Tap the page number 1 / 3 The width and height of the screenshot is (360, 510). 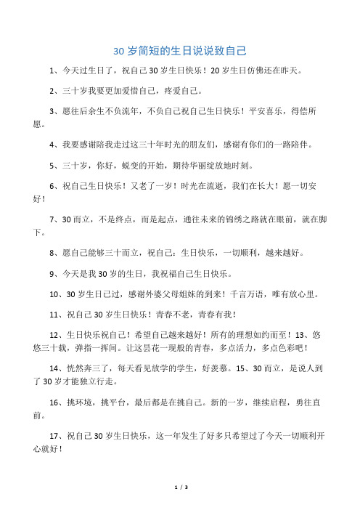point(180,486)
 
